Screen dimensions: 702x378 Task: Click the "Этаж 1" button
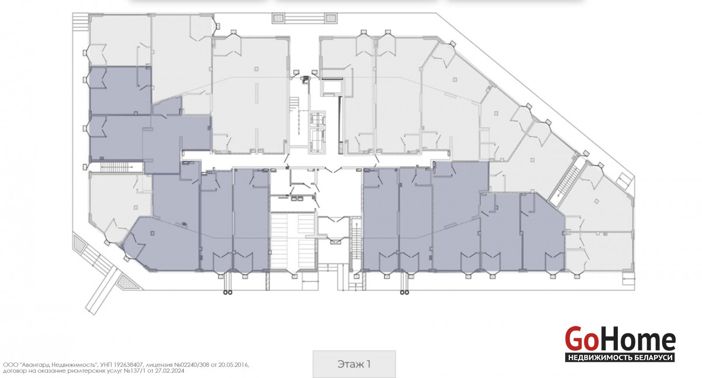(354, 364)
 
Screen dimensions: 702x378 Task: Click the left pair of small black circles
(228, 293)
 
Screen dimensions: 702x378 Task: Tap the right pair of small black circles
(405, 293)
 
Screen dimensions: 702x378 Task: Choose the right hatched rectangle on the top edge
(331, 18)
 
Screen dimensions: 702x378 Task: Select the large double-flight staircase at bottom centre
(293, 240)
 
